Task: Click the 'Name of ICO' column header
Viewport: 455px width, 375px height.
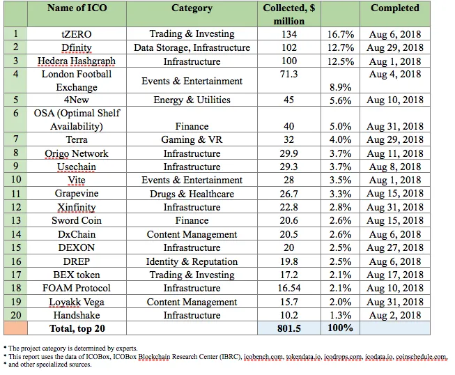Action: (x=77, y=8)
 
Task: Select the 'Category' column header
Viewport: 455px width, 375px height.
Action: (x=192, y=8)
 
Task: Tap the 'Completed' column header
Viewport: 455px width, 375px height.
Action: (x=395, y=8)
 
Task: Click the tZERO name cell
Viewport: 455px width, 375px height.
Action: (x=77, y=34)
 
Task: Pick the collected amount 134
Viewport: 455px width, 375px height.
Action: (x=289, y=34)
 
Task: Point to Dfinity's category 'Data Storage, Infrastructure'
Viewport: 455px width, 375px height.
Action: (x=192, y=47)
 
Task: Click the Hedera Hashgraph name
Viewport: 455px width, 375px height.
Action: (x=77, y=61)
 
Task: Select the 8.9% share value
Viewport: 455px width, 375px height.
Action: (x=341, y=87)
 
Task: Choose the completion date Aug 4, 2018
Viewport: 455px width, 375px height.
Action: (x=395, y=75)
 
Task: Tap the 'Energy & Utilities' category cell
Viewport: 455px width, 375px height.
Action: (x=192, y=100)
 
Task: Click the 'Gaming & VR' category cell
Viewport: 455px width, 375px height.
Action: (x=192, y=139)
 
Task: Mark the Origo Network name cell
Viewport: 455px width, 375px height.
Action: (x=77, y=153)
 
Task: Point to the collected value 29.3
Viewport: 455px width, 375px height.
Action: (x=289, y=167)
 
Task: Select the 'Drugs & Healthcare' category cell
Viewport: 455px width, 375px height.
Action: (x=192, y=194)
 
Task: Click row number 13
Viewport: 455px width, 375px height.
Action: (x=16, y=220)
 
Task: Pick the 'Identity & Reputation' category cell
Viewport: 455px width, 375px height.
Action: (x=192, y=261)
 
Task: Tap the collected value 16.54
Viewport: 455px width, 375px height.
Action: (x=289, y=288)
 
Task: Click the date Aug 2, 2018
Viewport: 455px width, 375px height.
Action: (x=395, y=315)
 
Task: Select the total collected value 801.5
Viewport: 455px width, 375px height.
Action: (x=289, y=328)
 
